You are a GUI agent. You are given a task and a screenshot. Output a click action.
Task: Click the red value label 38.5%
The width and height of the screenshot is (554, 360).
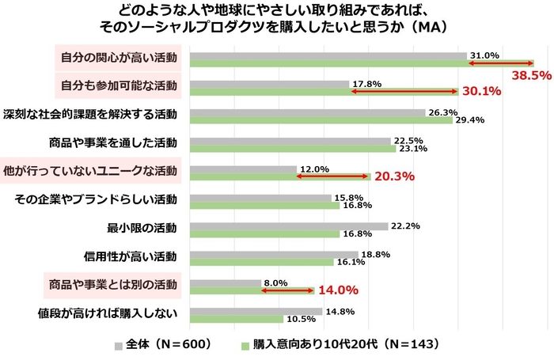pos(531,77)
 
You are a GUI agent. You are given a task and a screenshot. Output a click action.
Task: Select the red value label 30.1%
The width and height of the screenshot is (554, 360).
pos(482,91)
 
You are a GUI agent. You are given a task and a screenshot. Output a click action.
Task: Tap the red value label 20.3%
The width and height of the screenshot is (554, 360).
pos(394,176)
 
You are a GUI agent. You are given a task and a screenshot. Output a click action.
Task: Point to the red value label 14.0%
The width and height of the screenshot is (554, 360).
pos(338,290)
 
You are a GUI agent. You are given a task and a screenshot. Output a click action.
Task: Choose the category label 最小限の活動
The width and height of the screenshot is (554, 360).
pos(142,229)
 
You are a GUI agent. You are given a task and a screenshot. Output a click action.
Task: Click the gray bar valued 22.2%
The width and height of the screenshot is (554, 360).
pos(289,226)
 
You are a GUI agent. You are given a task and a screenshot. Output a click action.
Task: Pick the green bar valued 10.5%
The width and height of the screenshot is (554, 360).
pos(237,319)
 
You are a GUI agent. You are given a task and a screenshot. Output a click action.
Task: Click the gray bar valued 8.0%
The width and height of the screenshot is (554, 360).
pos(226,282)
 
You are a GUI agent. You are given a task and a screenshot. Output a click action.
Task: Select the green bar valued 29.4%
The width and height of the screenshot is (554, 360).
pos(321,120)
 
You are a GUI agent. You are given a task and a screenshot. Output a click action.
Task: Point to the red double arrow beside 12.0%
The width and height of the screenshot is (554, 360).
pos(332,176)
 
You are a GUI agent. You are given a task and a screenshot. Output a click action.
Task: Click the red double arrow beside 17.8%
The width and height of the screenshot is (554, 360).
pos(404,92)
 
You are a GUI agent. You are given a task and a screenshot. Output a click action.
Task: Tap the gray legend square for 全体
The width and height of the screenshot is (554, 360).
pos(120,345)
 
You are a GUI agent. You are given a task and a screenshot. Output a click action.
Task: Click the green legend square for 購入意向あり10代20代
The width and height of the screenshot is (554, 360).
pos(245,345)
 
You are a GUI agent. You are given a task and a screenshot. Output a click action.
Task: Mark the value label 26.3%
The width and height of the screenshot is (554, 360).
pos(440,112)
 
